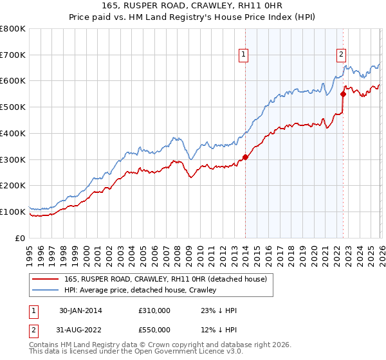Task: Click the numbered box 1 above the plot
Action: click(x=244, y=55)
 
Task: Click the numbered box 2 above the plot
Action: click(x=341, y=55)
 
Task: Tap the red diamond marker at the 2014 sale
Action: click(x=246, y=157)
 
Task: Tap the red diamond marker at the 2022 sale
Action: click(x=343, y=94)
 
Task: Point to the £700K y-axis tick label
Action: click(x=13, y=55)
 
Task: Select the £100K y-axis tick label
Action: click(x=13, y=212)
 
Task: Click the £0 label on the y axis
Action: click(x=21, y=238)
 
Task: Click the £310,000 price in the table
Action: click(x=154, y=310)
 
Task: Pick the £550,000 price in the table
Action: click(x=154, y=330)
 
